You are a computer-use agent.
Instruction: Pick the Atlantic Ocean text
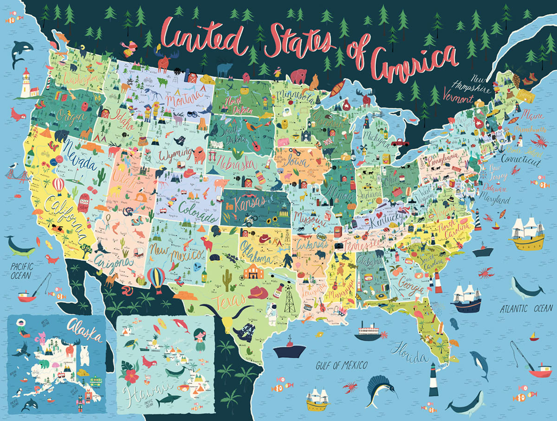point(526,308)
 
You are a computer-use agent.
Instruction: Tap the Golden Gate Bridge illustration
point(13,174)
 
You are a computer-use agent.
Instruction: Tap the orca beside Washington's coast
point(19,52)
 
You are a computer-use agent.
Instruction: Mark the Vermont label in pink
point(458,98)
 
